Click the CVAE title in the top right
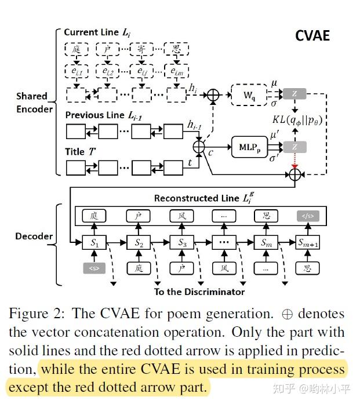[312, 35]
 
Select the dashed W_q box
[249, 95]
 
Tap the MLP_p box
[249, 147]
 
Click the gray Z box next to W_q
[294, 94]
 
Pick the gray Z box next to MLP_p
[294, 147]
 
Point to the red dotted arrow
[294, 161]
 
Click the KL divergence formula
[297, 120]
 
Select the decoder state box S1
[94, 242]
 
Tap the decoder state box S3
[182, 242]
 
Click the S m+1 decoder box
[308, 242]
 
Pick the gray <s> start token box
[94, 268]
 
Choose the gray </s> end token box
[308, 216]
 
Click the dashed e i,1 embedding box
[77, 71]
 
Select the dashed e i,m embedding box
[176, 71]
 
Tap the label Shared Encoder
[34, 103]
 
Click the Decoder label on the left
[34, 236]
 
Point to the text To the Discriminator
[199, 292]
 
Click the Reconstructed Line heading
[203, 198]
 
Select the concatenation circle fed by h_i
[213, 95]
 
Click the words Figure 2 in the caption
[37, 314]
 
